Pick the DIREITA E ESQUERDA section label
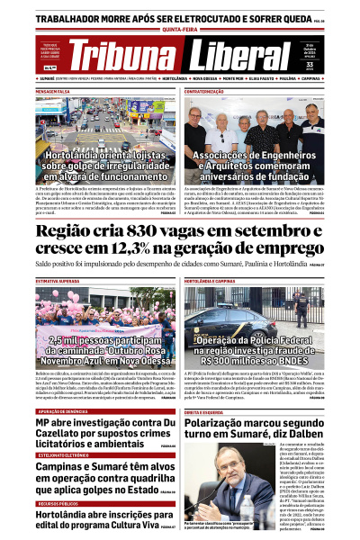pos(206,386)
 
